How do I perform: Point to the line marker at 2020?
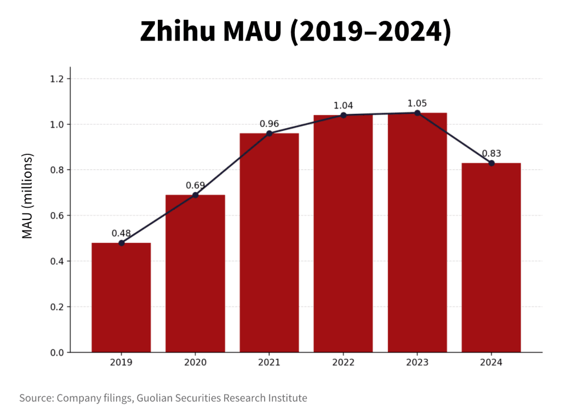coord(195,195)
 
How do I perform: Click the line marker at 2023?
coord(417,113)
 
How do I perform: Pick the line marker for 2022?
coord(343,115)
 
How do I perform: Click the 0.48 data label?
coord(121,233)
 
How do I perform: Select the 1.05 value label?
coord(417,103)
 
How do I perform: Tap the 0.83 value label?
coord(491,153)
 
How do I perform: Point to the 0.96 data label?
coord(269,124)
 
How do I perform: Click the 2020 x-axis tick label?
coord(195,362)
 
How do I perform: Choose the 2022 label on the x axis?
coord(343,362)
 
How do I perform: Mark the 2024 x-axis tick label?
coord(491,362)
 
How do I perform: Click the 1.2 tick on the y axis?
coord(57,79)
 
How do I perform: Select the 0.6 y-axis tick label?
coord(57,216)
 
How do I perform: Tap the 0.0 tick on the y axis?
coord(57,352)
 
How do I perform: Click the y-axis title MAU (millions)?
coord(27,197)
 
